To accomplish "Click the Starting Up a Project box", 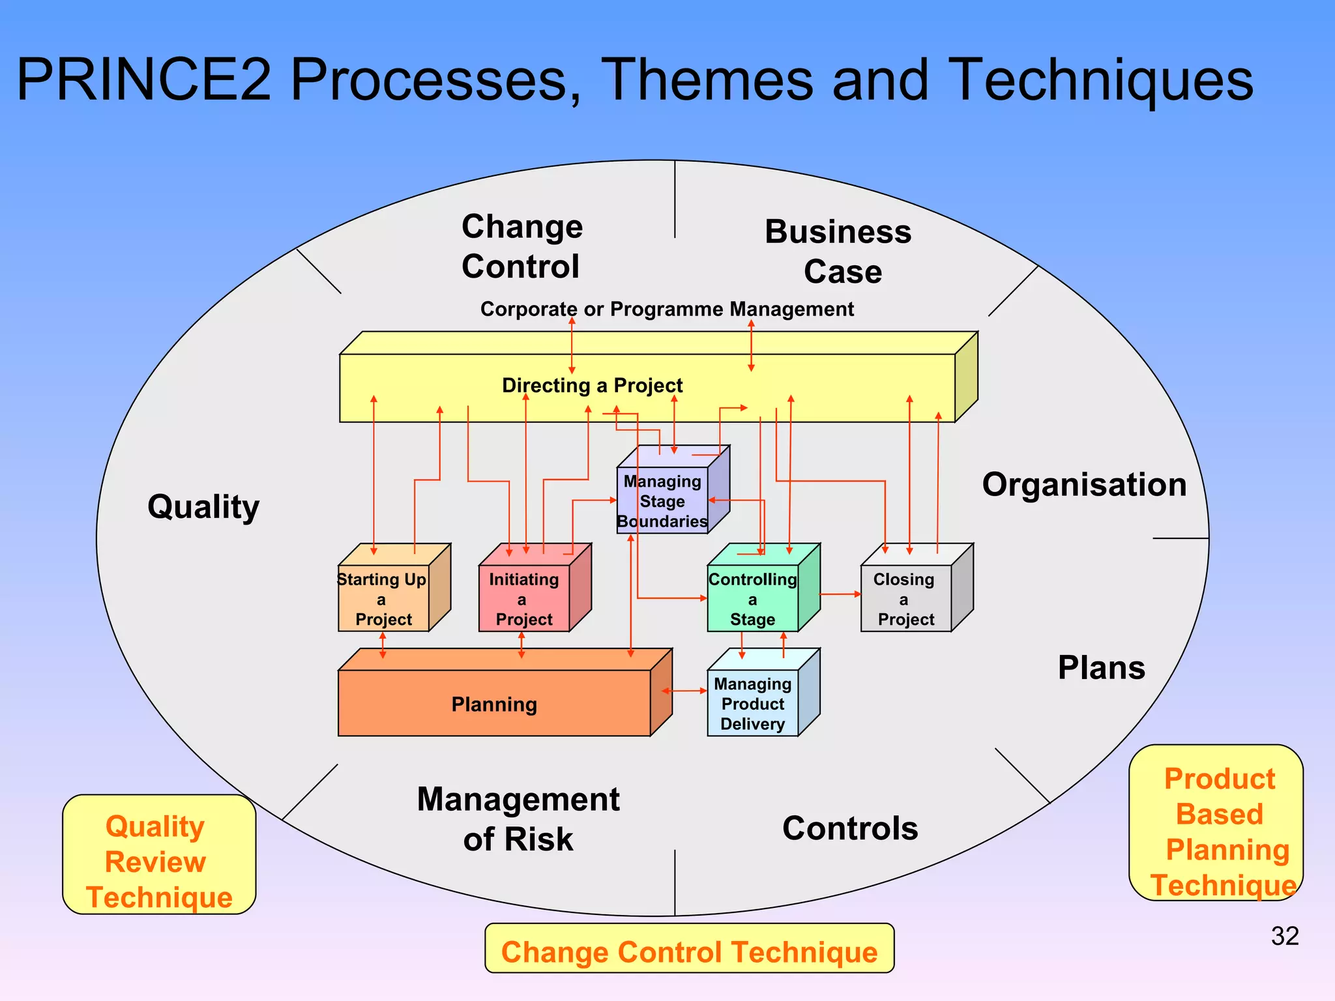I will point(383,598).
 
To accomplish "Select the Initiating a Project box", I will point(524,598).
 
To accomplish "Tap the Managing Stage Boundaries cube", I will point(662,500).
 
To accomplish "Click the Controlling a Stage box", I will point(753,598).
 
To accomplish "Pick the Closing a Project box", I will point(905,598).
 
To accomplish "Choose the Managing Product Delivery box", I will point(753,703).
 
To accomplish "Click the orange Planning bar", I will point(494,703).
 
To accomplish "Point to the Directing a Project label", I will point(592,385).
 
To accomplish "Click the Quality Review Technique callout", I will point(158,860).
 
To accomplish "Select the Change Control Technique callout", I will point(689,951).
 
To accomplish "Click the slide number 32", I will point(1284,936).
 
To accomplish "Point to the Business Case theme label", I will point(840,251).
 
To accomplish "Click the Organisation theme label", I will point(1084,485).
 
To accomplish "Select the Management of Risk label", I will point(518,819).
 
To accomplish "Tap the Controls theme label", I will point(850,828).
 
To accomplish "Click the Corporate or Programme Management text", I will point(666,309).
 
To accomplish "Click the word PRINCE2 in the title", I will point(143,80).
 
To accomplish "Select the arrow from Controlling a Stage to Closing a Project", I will point(840,594).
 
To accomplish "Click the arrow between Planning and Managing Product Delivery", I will point(684,691).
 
